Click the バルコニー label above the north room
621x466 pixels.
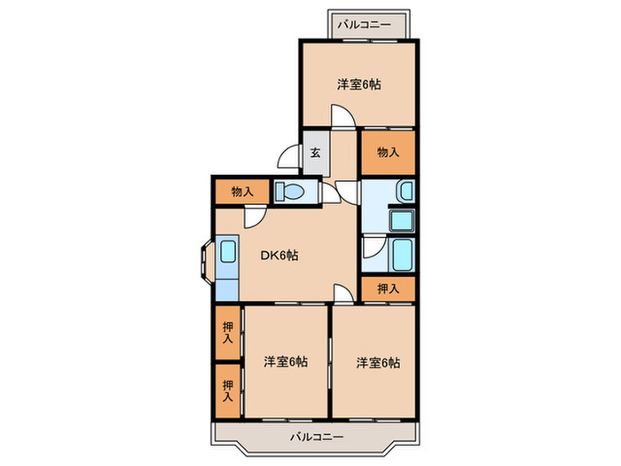(371, 24)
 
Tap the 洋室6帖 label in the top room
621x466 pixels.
(358, 85)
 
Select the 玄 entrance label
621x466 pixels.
(315, 151)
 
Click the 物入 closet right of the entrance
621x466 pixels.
(387, 151)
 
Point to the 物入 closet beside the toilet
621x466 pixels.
(242, 191)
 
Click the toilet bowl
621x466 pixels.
(290, 191)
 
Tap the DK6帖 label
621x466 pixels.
(279, 256)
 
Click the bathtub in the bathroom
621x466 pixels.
(403, 256)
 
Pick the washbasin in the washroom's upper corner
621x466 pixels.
(405, 190)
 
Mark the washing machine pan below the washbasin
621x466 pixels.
(405, 220)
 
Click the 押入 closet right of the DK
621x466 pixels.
(387, 288)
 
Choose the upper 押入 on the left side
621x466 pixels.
(228, 333)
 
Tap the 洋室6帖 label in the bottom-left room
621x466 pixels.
(285, 362)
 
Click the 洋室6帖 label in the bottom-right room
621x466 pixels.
(379, 362)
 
